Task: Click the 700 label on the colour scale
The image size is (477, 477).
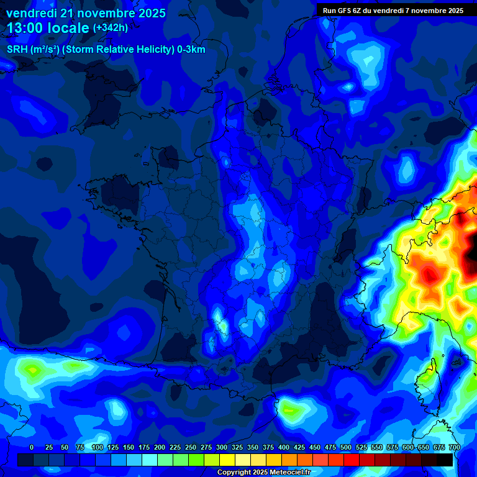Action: click(x=454, y=447)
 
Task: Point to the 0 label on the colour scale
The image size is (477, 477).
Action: click(x=32, y=447)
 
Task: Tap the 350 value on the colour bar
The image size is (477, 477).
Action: click(x=253, y=447)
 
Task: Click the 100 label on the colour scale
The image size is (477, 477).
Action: click(x=98, y=447)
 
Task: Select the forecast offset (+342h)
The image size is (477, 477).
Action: click(x=111, y=28)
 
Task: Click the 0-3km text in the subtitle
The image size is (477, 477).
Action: click(x=191, y=50)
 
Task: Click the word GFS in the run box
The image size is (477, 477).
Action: click(x=347, y=11)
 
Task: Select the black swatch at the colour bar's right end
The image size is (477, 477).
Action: click(x=445, y=460)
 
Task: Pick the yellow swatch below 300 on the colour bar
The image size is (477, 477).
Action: click(x=227, y=460)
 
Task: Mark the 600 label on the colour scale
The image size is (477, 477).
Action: click(x=408, y=447)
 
